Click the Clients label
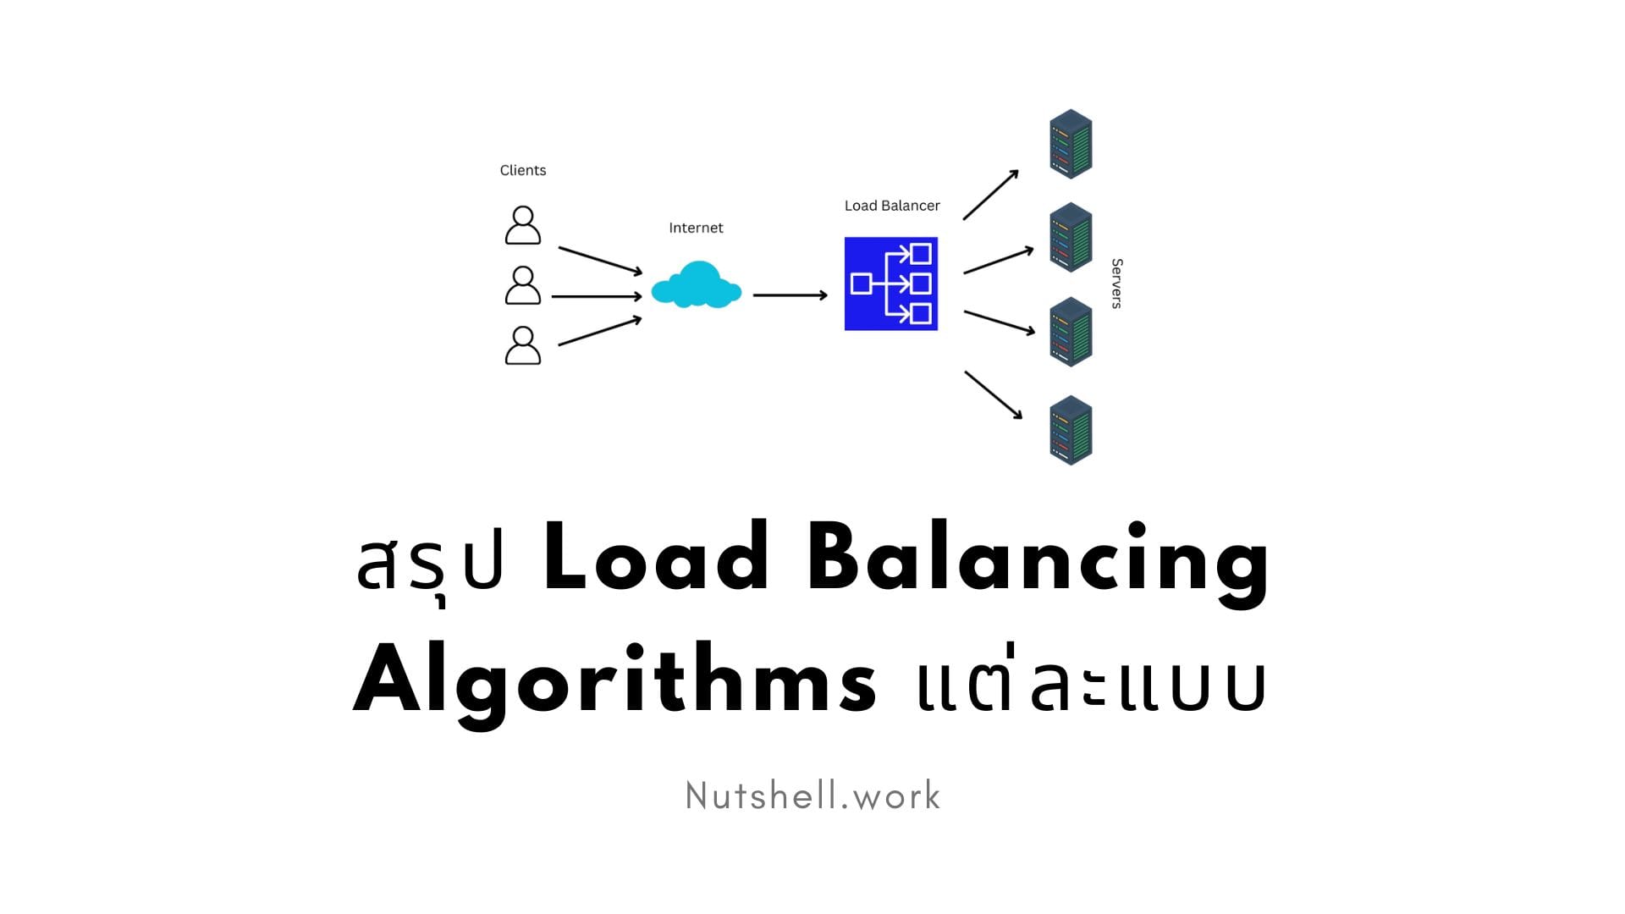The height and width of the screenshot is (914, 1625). point(523,170)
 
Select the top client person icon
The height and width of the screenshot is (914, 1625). point(523,225)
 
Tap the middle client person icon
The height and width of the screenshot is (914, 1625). point(523,285)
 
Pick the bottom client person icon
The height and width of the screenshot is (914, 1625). point(523,345)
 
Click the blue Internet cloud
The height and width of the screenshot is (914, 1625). point(696,285)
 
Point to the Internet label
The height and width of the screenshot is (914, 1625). point(696,228)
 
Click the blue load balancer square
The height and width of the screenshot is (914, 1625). point(891,284)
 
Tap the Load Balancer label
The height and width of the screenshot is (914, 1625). point(892,206)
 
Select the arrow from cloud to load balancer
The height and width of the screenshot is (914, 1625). point(790,295)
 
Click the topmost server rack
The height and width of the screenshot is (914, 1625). point(1071,144)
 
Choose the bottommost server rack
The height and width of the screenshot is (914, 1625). point(1071,430)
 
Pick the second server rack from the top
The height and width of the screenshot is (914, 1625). point(1071,237)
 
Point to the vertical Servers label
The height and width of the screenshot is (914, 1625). point(1116,284)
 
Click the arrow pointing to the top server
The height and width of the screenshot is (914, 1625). point(990,195)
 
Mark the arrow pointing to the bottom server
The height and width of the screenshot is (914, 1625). point(994,394)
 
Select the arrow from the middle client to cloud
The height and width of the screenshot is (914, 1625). point(597,296)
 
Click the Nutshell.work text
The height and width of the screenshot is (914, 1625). point(812,796)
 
